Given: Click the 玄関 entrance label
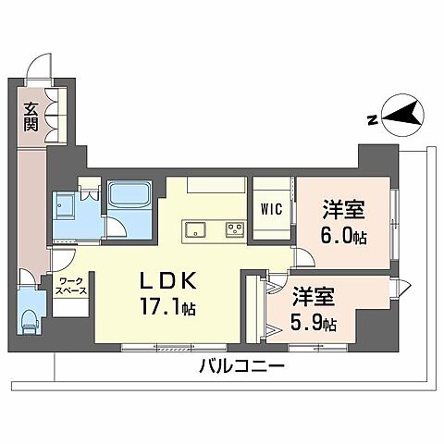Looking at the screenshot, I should pos(31,117).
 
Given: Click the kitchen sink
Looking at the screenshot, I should pos(197,228).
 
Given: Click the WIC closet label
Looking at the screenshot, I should pos(271,208).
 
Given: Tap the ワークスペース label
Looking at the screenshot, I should pos(70,283).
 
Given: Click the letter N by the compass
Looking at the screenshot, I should pos(370,118).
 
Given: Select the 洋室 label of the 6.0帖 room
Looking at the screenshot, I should pos(341,209).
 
